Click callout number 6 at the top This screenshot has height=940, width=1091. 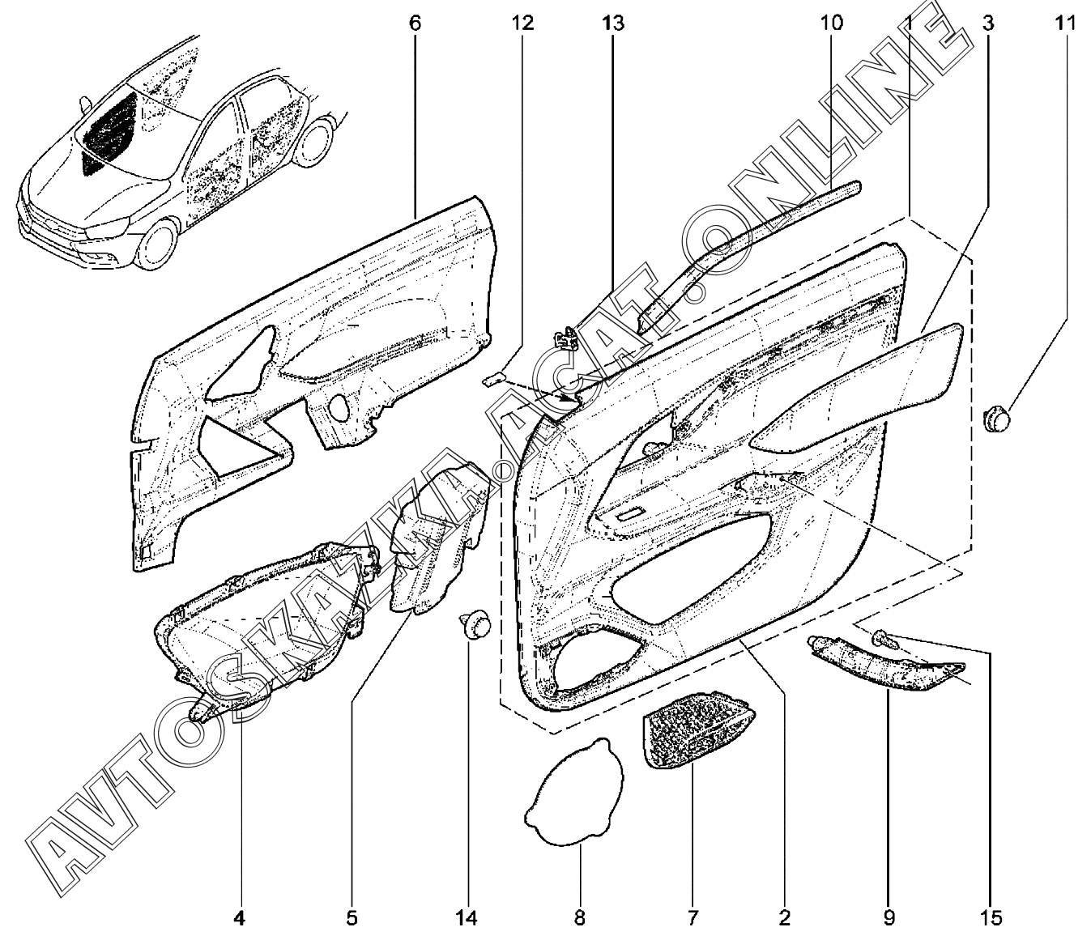pyautogui.click(x=414, y=22)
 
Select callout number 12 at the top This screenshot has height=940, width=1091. pyautogui.click(x=522, y=22)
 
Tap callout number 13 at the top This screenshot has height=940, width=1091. pyautogui.click(x=613, y=22)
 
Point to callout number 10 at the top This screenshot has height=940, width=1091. pyautogui.click(x=832, y=22)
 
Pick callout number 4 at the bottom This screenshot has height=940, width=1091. pyautogui.click(x=239, y=918)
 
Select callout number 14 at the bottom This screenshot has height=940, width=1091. pyautogui.click(x=467, y=918)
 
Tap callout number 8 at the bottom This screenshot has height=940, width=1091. pyautogui.click(x=579, y=918)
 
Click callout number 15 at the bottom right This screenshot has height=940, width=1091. pyautogui.click(x=991, y=918)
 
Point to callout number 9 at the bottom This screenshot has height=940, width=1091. pyautogui.click(x=889, y=918)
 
